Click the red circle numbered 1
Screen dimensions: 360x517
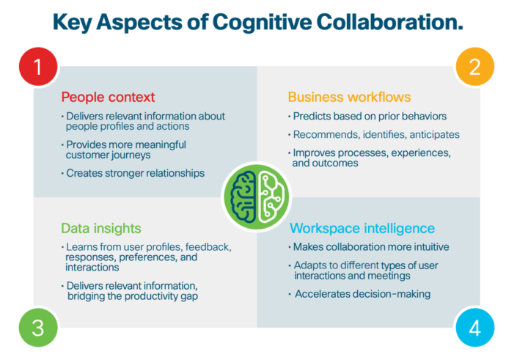pos(37,67)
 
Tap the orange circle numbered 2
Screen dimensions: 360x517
pos(474,67)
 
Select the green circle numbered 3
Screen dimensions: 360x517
pos(37,328)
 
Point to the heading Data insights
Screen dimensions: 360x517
pos(100,229)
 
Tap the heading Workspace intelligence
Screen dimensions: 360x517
pos(362,229)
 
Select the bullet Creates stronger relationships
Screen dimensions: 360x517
pos(136,173)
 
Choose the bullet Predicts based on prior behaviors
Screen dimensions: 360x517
pos(370,117)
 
